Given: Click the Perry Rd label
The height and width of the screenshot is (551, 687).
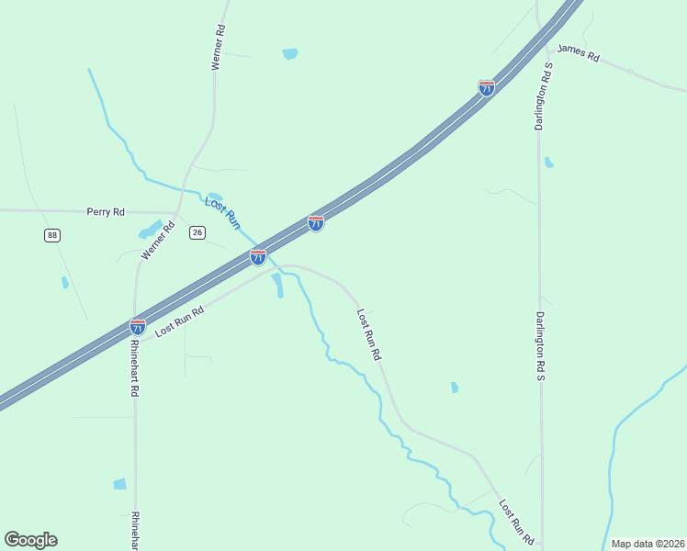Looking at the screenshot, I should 106,212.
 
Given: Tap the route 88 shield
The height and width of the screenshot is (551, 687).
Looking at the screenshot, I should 51,236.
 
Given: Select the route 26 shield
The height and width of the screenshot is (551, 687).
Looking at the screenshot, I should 197,233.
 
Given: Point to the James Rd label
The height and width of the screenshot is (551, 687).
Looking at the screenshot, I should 578,54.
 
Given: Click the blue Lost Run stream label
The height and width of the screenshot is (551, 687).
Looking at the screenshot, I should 222,213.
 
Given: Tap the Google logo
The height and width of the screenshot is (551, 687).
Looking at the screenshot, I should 30,540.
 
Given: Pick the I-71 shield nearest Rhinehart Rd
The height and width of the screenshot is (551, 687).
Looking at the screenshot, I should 138,326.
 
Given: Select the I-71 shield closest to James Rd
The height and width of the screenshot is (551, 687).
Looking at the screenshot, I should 487,88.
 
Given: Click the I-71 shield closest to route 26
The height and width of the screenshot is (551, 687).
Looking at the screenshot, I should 258,258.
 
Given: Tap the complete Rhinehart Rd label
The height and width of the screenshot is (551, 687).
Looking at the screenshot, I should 134,368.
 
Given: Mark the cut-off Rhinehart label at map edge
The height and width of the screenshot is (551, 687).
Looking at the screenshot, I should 135,531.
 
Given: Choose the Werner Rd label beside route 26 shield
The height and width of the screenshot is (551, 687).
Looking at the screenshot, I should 158,241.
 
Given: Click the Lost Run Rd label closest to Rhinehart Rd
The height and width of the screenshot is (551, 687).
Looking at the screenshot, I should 178,321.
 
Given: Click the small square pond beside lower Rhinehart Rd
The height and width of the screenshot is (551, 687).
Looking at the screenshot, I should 119,484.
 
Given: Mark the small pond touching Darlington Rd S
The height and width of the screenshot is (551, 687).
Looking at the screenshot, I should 548,163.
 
